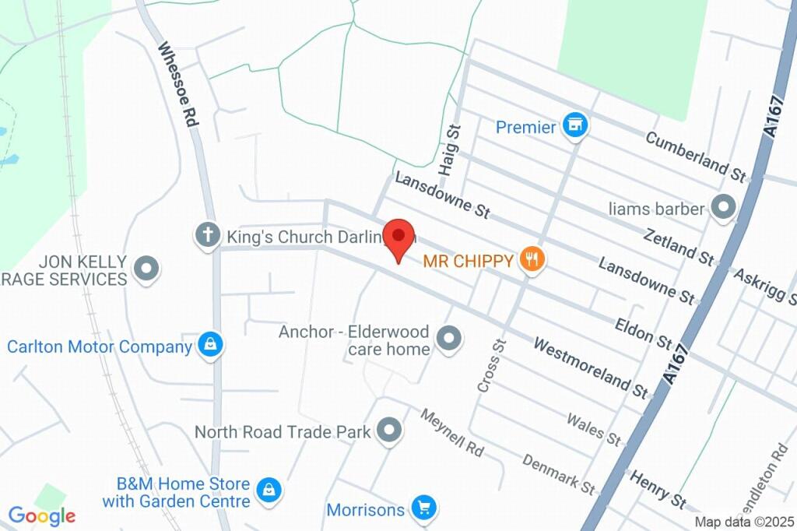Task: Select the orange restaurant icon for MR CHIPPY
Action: click(x=532, y=259)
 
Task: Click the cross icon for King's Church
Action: click(x=208, y=235)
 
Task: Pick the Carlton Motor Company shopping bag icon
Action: click(x=210, y=345)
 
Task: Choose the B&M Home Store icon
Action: click(x=269, y=491)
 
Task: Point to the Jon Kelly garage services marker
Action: click(x=146, y=269)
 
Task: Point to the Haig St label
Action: click(x=449, y=150)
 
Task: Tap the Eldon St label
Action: click(x=643, y=332)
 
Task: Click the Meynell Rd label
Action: click(x=451, y=432)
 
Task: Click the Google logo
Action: click(x=42, y=515)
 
